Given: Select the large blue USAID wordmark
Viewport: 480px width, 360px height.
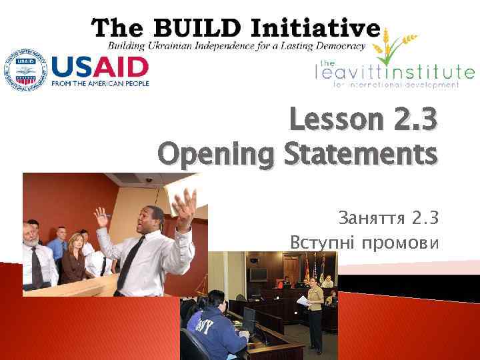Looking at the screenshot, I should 100,67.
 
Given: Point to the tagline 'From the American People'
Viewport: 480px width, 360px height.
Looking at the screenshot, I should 100,83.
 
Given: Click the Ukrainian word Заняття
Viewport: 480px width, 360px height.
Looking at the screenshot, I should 369,218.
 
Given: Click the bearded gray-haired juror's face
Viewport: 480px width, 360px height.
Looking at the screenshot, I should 31,231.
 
